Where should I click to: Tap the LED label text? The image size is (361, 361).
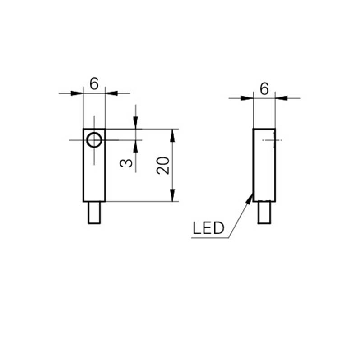(x=208, y=228)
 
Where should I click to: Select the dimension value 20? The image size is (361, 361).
(x=163, y=165)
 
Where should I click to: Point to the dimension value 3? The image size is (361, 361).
(x=126, y=163)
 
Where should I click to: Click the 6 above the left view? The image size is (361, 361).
(x=94, y=83)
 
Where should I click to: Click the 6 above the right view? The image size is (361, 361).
(x=264, y=88)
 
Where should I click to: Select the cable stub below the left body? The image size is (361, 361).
(x=94, y=213)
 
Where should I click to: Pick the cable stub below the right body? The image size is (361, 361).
(x=264, y=213)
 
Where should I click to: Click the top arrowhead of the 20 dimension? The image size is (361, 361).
(x=172, y=136)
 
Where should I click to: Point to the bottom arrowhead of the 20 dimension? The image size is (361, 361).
(x=172, y=195)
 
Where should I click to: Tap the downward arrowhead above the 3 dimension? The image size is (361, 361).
(x=136, y=123)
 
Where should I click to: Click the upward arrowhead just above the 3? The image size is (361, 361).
(x=136, y=146)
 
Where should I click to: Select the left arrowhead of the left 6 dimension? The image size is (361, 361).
(x=77, y=93)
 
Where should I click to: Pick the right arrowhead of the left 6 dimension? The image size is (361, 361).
(x=111, y=93)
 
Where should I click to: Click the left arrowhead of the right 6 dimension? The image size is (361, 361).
(x=247, y=98)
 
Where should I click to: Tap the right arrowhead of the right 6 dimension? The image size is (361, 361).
(x=282, y=98)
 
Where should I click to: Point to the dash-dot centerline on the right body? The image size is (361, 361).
(x=272, y=140)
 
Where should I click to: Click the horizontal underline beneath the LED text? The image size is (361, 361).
(x=210, y=238)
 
